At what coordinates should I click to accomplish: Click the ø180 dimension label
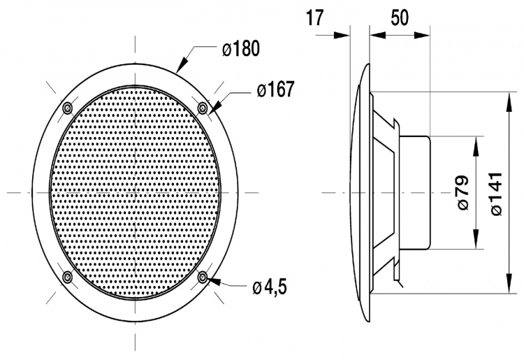pos(240,49)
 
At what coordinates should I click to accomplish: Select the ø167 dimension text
pos(275,89)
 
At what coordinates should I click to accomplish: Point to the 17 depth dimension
pos(316,18)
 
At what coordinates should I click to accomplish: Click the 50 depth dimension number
pos(400,18)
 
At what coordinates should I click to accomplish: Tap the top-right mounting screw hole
pos(203,107)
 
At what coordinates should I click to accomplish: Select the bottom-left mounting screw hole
pos(67,278)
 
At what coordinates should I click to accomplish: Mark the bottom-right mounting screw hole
pos(203,278)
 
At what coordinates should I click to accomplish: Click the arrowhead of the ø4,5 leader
pos(210,280)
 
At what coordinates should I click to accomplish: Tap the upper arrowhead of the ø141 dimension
pos(507,97)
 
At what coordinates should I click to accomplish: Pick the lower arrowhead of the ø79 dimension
pos(476,245)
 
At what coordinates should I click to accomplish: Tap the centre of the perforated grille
pos(135,192)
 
